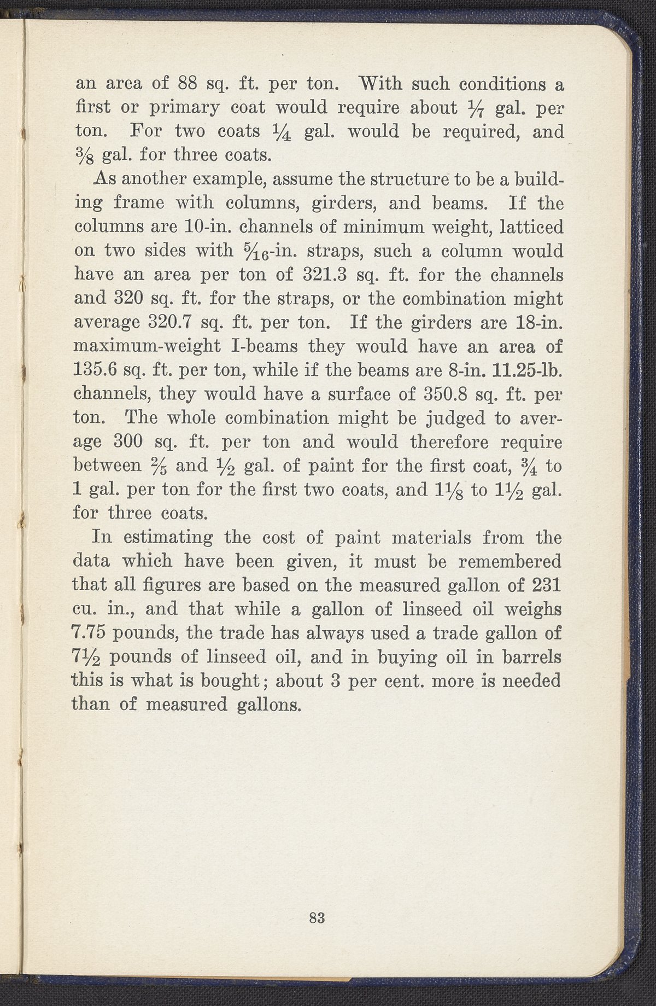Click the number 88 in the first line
(x=191, y=85)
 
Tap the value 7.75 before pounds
(x=92, y=633)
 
